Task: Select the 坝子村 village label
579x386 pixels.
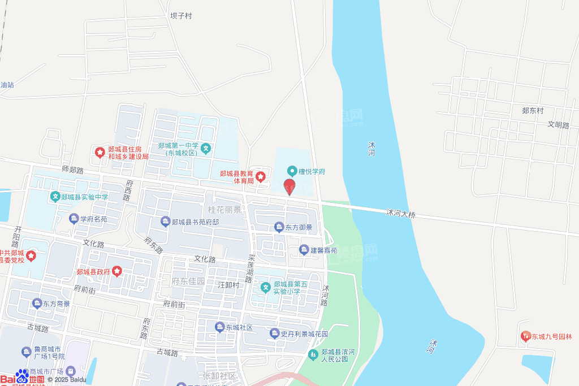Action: (181, 16)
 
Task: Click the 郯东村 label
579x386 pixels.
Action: (532, 111)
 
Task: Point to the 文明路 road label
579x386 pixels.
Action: (558, 125)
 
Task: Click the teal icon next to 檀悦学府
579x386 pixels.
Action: (292, 171)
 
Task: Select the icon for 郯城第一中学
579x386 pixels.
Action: (206, 149)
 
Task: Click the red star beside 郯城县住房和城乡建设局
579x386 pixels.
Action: (100, 153)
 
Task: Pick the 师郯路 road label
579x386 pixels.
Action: (72, 170)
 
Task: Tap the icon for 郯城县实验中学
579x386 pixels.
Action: (55, 197)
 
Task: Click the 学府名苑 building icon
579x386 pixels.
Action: (74, 219)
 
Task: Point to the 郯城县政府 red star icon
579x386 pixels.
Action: (117, 272)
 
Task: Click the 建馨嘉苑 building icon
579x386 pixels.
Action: (304, 250)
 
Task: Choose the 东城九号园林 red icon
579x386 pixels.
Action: (525, 336)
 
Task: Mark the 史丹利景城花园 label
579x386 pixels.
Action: (305, 333)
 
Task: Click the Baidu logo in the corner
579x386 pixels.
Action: (23, 378)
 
